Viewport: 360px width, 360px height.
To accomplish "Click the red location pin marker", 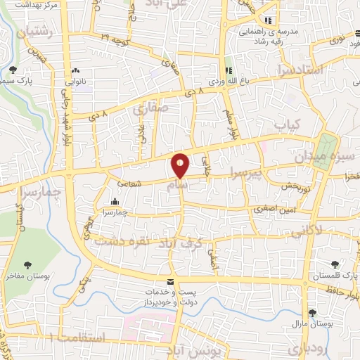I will point(180,165).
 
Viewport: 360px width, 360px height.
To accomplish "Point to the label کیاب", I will point(287,124).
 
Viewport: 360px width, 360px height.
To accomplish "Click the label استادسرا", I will point(320,70).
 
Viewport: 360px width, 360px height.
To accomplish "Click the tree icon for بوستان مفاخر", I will point(27,265).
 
